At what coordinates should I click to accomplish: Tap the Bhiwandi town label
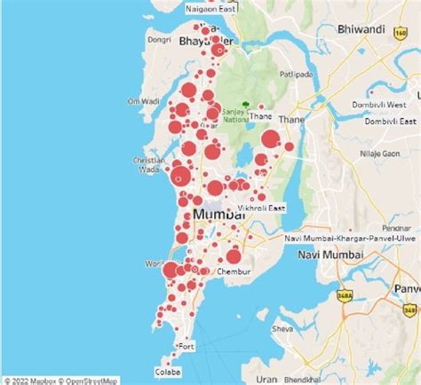pos(361,29)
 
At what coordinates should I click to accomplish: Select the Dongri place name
pos(159,39)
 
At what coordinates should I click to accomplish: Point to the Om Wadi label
pos(143,101)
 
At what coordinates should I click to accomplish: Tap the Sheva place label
pos(282,329)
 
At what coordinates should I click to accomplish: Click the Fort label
pos(187,346)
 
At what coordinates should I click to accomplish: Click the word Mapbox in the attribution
pos(41,380)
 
